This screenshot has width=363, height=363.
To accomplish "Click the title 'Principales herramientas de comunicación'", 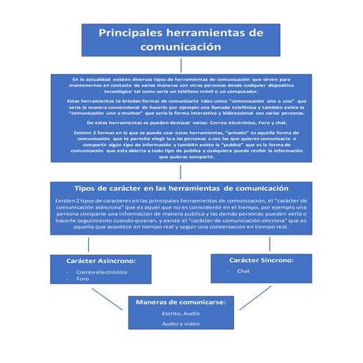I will point(180,40).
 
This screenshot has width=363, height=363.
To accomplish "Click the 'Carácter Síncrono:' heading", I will point(261,260).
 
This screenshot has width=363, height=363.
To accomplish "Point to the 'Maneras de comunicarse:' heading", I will point(180,301).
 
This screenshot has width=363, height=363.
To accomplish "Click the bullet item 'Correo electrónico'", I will point(101,271).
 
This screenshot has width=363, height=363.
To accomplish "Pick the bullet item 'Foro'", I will point(83,279).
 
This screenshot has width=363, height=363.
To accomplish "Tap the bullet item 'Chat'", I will point(243,271).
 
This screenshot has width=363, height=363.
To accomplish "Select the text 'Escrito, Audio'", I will point(180,313).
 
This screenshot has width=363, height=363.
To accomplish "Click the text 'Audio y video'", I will point(180,323).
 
